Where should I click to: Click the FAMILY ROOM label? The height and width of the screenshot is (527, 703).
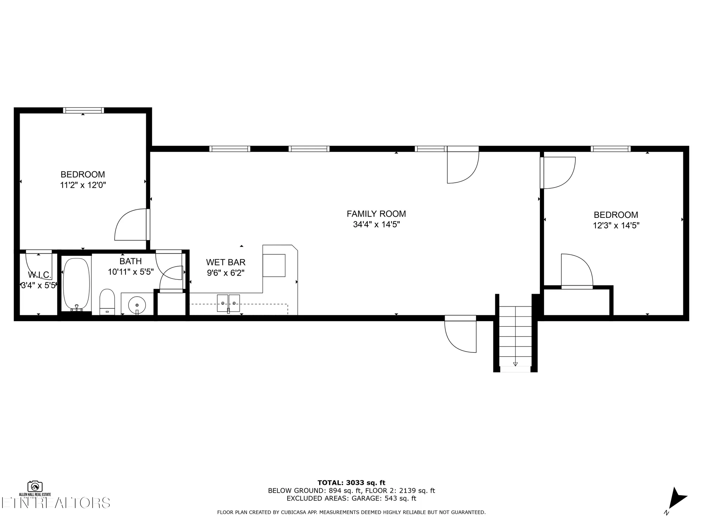[376, 214]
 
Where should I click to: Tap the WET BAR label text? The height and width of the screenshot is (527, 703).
[226, 262]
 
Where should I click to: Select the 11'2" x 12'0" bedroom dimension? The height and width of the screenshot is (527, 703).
[83, 185]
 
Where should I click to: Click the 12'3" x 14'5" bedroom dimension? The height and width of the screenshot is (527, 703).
[616, 226]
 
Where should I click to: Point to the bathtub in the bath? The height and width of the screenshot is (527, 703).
[76, 285]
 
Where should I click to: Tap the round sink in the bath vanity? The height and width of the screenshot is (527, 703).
[137, 304]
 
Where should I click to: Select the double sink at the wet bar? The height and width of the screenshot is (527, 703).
[228, 303]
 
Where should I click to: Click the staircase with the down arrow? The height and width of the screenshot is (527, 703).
[515, 336]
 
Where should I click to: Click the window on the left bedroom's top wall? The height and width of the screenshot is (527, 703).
[83, 110]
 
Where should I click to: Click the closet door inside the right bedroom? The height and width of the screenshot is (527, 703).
[576, 271]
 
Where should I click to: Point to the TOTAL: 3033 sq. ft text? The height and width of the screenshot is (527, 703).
[351, 483]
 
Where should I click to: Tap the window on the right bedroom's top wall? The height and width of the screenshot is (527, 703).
[611, 149]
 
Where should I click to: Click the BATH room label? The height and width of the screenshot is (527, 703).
[130, 261]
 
